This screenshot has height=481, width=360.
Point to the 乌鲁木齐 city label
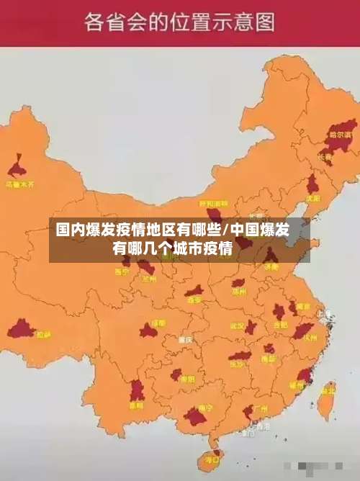click(x=19, y=184)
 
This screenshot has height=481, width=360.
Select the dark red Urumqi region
click(x=17, y=169)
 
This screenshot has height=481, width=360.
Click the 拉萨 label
click(x=44, y=334)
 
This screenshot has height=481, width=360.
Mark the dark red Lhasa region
click(x=22, y=330)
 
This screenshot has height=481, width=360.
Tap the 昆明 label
click(x=135, y=405)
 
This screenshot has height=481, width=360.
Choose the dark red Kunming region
click(x=137, y=390)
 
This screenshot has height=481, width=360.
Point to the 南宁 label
click(x=204, y=408)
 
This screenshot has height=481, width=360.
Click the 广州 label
click(x=260, y=408)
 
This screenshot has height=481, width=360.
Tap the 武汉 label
click(x=237, y=325)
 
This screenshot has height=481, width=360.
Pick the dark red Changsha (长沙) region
click(x=240, y=355)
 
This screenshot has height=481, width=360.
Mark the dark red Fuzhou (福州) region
click(x=304, y=376)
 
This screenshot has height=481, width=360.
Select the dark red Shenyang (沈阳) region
click(x=312, y=185)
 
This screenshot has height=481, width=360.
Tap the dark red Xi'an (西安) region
click(x=194, y=291)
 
